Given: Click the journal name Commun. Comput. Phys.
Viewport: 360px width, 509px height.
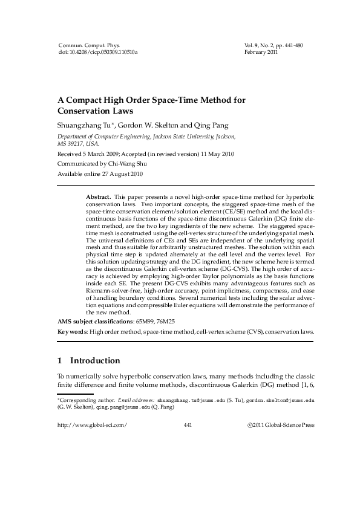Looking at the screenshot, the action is [89, 45].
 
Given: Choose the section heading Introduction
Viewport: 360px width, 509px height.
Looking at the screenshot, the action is [95, 361].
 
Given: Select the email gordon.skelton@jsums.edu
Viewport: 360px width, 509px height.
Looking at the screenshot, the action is [278, 400].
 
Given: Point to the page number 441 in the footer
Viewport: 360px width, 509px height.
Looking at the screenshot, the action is [187, 425].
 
